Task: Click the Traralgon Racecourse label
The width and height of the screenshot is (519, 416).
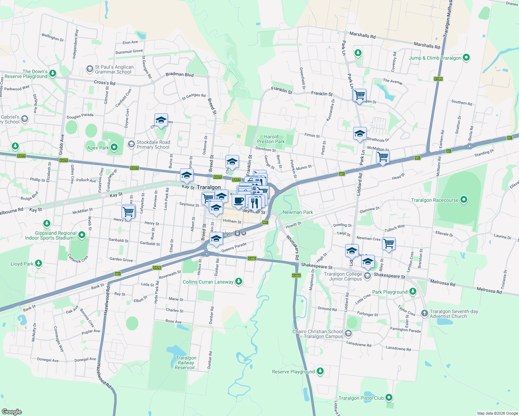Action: [x=434, y=200]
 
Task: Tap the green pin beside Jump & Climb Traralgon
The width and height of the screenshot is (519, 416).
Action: [x=466, y=58]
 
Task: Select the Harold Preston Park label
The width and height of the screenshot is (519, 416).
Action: [x=271, y=139]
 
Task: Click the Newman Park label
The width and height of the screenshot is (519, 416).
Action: [x=298, y=212]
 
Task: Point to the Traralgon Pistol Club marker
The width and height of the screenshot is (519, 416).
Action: [x=389, y=398]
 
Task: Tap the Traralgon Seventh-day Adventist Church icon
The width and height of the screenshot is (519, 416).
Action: [x=424, y=313]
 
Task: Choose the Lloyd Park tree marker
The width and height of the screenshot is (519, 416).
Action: [x=39, y=263]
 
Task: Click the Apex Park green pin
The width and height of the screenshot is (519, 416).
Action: [x=114, y=147]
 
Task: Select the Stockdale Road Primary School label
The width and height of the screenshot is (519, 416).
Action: [x=153, y=145]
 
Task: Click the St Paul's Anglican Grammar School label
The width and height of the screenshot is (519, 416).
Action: [x=114, y=69]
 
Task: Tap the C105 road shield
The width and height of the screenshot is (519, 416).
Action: [x=438, y=79]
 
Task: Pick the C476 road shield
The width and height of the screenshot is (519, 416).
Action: [x=157, y=268]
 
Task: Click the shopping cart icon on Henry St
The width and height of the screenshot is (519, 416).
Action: [x=128, y=211]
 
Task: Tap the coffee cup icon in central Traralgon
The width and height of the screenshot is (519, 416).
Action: [x=238, y=201]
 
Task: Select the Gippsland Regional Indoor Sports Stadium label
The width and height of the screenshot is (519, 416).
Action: [x=51, y=235]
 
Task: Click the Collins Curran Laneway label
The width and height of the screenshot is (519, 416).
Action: [x=208, y=282]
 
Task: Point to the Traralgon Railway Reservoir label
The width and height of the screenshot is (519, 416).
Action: [x=186, y=363]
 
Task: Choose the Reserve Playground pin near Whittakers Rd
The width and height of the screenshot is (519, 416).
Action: [x=320, y=371]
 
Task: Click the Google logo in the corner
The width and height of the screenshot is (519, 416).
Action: [x=12, y=412]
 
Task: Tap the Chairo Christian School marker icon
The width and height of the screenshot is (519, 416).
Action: [x=348, y=333]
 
